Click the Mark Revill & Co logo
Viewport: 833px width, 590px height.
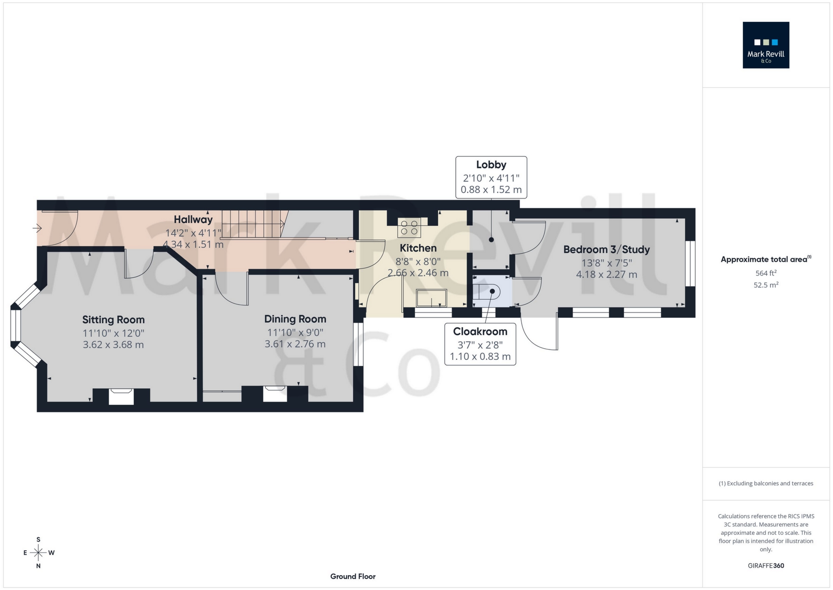click(766, 45)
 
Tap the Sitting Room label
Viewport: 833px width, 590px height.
click(113, 319)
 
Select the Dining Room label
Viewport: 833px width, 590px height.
click(295, 319)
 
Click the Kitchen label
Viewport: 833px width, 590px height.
click(418, 248)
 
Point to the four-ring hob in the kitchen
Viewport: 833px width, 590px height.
click(409, 228)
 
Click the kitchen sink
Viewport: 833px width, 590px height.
click(431, 298)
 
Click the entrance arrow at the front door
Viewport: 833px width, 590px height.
click(37, 228)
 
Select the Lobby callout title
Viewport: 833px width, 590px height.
click(491, 165)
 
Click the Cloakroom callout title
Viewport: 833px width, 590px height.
click(480, 331)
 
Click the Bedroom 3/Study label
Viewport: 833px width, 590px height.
click(606, 250)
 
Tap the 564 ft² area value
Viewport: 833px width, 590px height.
click(766, 273)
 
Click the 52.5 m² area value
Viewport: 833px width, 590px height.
click(766, 285)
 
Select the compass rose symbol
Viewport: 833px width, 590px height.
click(38, 553)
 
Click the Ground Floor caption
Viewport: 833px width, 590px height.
click(353, 576)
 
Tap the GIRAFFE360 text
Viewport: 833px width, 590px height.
click(766, 566)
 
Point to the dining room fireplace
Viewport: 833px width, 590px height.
click(274, 394)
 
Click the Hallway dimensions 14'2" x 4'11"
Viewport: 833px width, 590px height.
click(193, 233)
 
